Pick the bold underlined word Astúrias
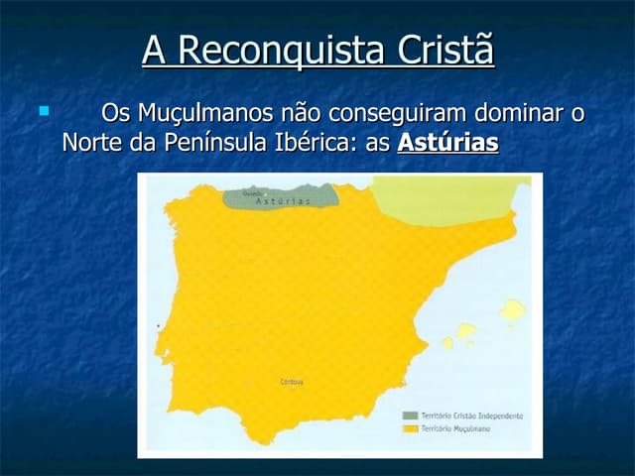tap(447, 143)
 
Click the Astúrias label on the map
tap(283, 201)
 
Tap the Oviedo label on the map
tap(252, 192)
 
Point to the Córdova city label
tap(292, 383)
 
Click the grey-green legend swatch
tap(409, 416)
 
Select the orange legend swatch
tap(409, 430)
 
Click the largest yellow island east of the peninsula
tap(511, 314)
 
